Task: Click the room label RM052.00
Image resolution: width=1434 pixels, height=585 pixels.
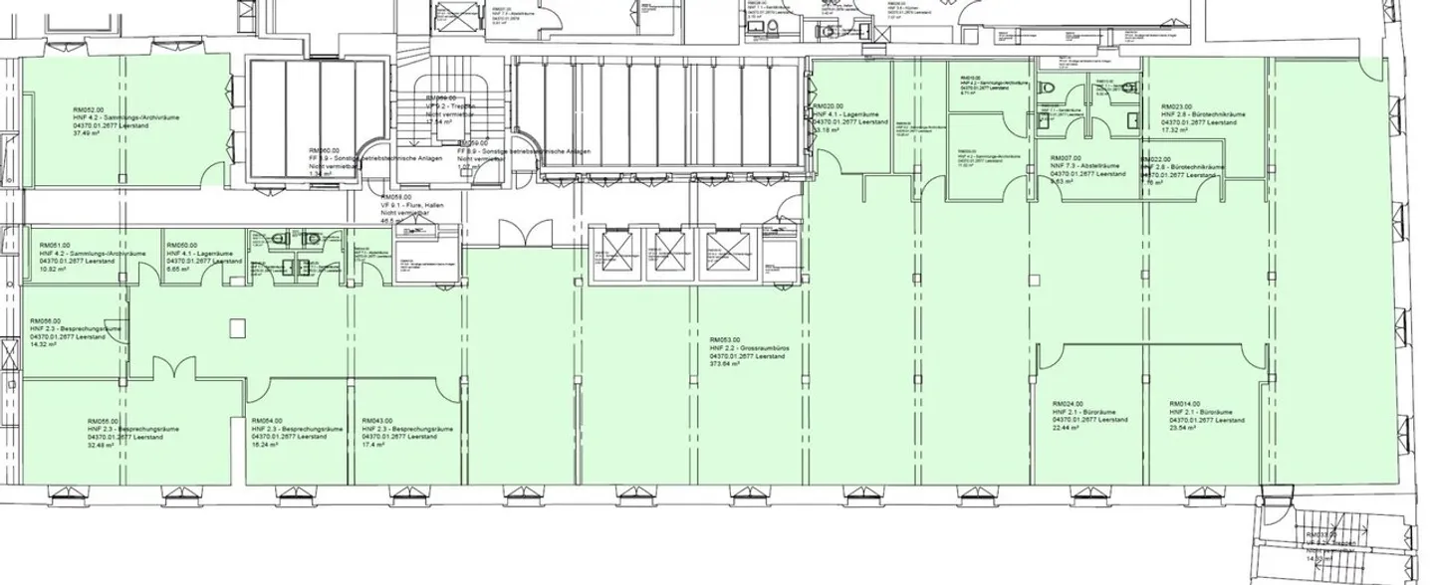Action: [x=89, y=108]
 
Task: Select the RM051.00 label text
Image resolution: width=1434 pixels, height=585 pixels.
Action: [x=56, y=245]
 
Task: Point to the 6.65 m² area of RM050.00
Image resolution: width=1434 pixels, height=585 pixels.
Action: [x=178, y=270]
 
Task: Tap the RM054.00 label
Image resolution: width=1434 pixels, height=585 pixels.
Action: [x=267, y=421]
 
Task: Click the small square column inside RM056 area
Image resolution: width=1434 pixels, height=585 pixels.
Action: [x=236, y=325]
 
